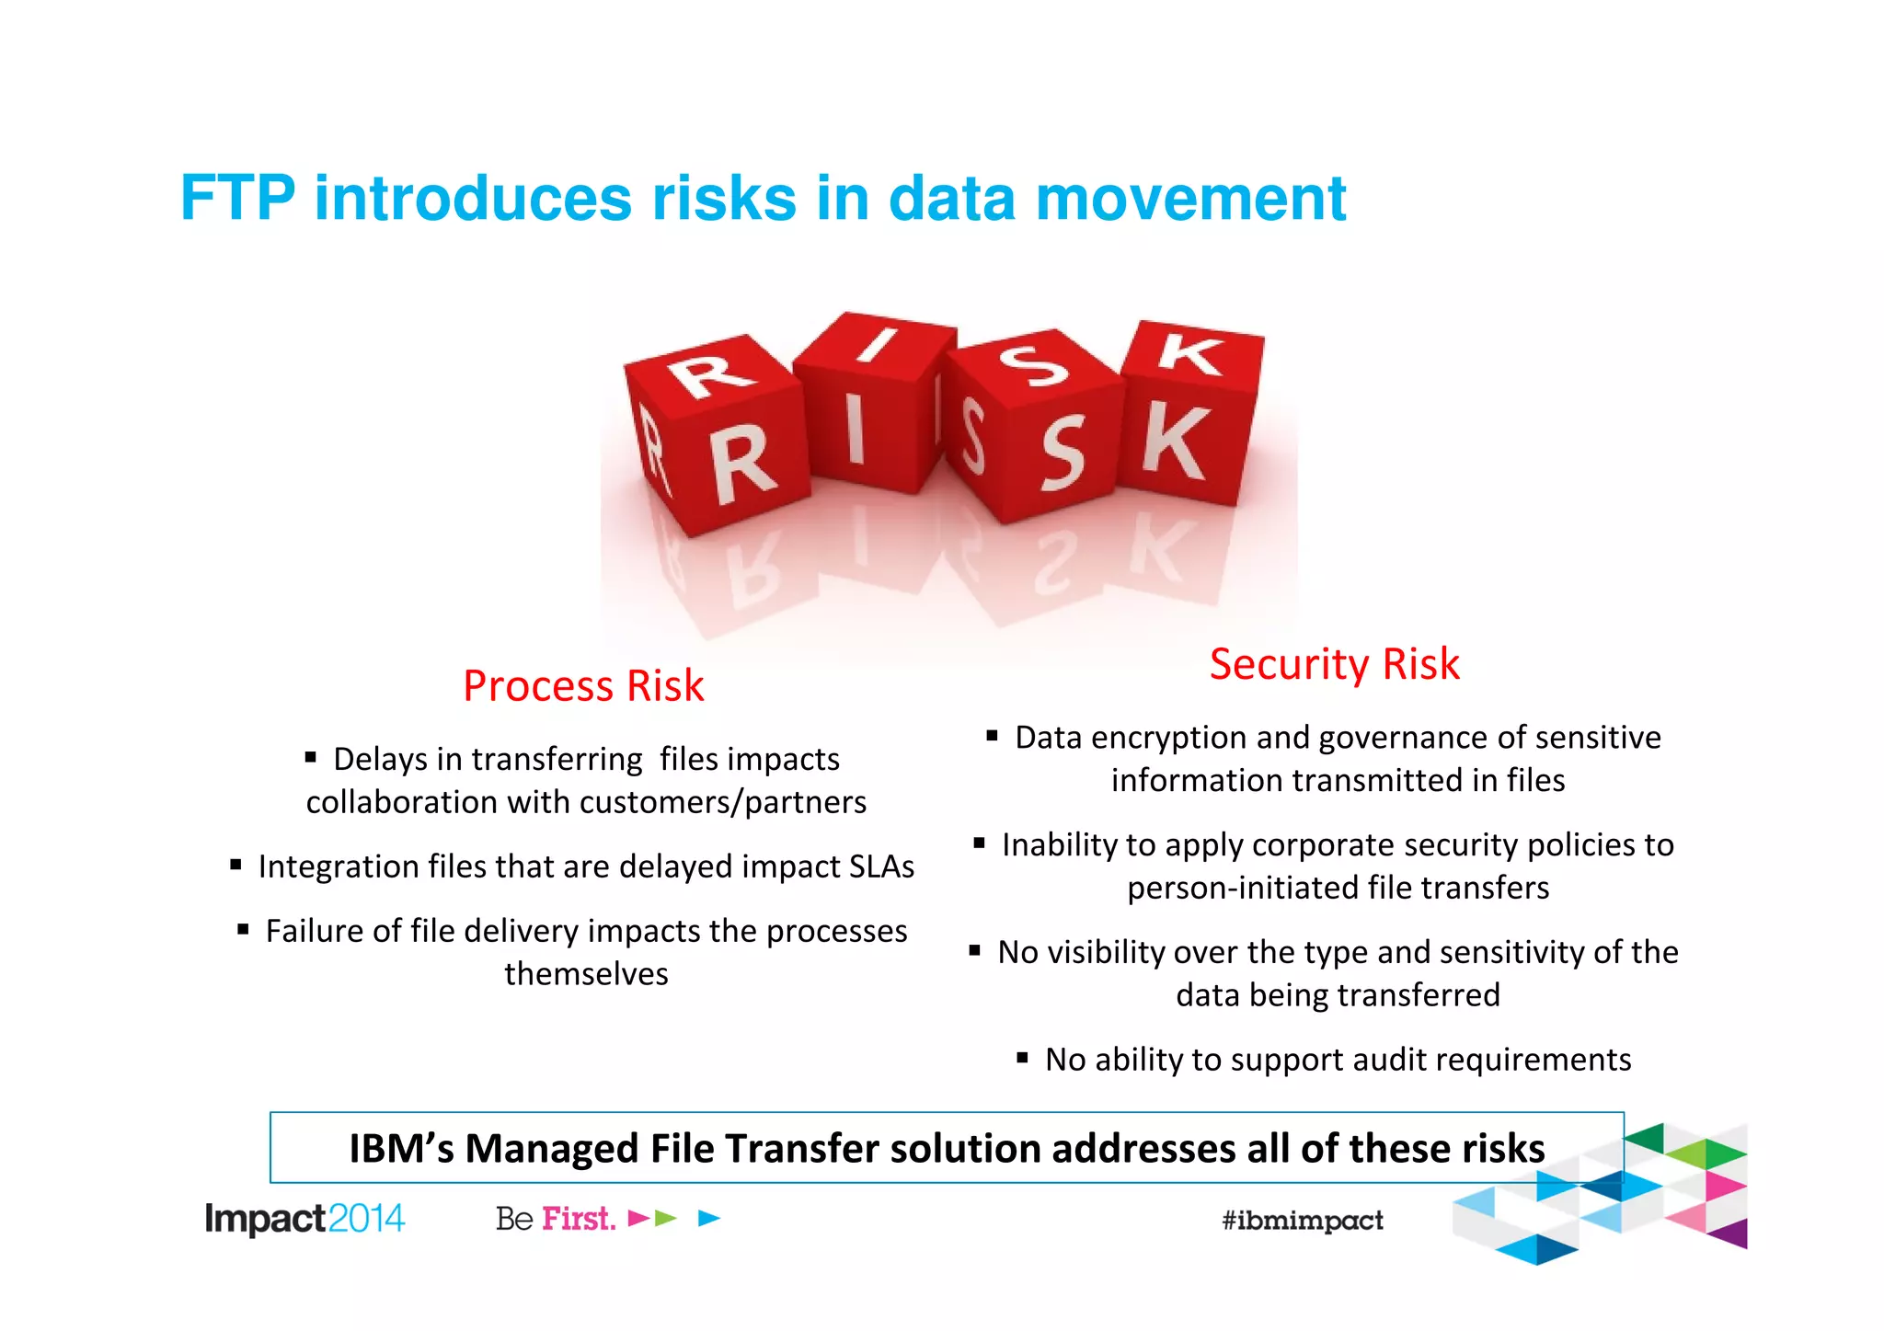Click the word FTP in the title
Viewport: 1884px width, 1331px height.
237,198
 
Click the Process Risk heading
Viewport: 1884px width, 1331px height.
583,686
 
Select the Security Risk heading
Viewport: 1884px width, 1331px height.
1334,664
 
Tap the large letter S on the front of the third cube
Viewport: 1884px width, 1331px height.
1063,453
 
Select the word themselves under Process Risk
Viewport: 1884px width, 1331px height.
586,974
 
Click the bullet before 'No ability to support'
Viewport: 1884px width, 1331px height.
1022,1058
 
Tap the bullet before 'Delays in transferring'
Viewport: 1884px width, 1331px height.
311,758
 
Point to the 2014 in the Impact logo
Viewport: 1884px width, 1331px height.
366,1219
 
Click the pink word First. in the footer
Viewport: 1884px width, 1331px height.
578,1219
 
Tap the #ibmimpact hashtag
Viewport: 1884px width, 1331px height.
1302,1221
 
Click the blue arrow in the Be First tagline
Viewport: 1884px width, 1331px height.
708,1219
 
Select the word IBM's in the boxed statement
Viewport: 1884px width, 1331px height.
401,1149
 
